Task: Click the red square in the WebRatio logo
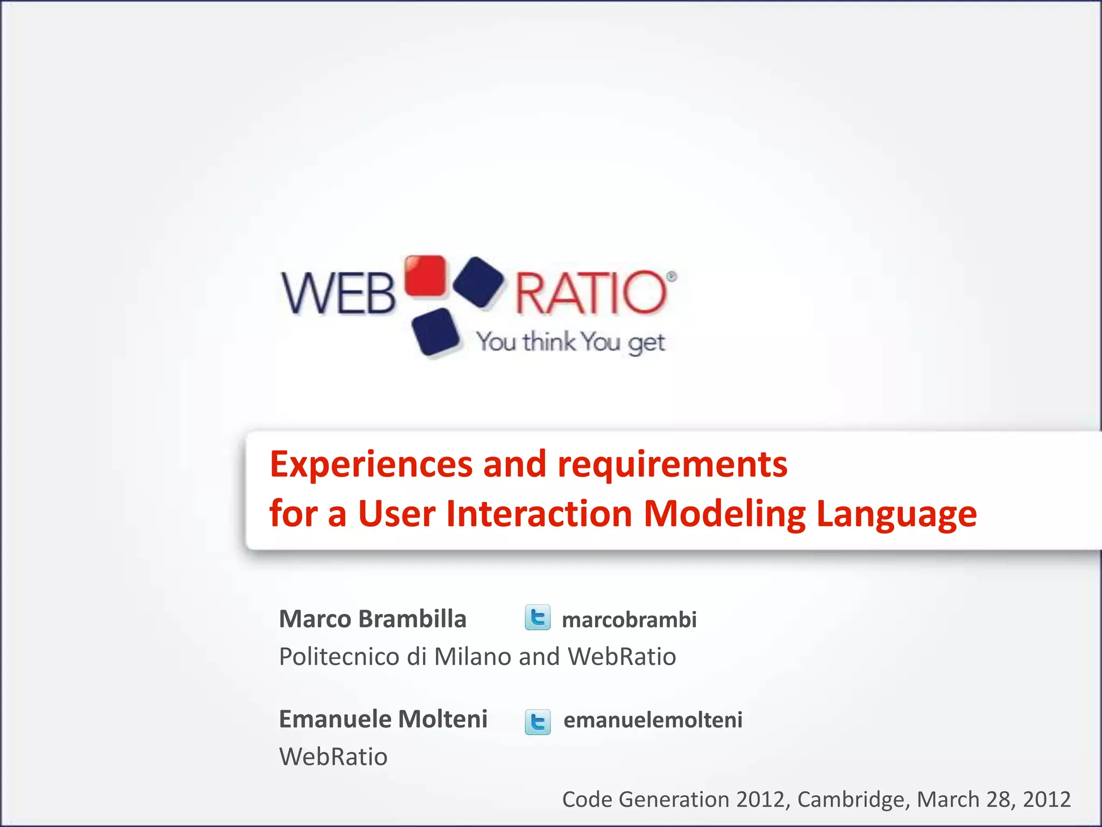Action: tap(426, 276)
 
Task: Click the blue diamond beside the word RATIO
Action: tap(478, 283)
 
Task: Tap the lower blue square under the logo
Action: tap(435, 332)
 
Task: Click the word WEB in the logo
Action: tap(339, 293)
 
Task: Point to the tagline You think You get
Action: tap(571, 342)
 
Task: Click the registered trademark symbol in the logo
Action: tap(671, 277)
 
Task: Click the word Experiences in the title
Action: tap(371, 465)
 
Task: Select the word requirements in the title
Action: tap(672, 465)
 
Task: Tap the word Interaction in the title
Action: tap(540, 514)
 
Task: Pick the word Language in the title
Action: tap(896, 514)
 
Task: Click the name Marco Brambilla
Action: tap(372, 619)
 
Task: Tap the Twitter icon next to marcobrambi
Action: tap(538, 618)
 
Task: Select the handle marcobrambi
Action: tap(629, 620)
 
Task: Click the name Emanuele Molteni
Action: tap(383, 719)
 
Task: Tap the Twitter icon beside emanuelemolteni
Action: tap(538, 722)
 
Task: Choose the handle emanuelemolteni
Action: tap(653, 720)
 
